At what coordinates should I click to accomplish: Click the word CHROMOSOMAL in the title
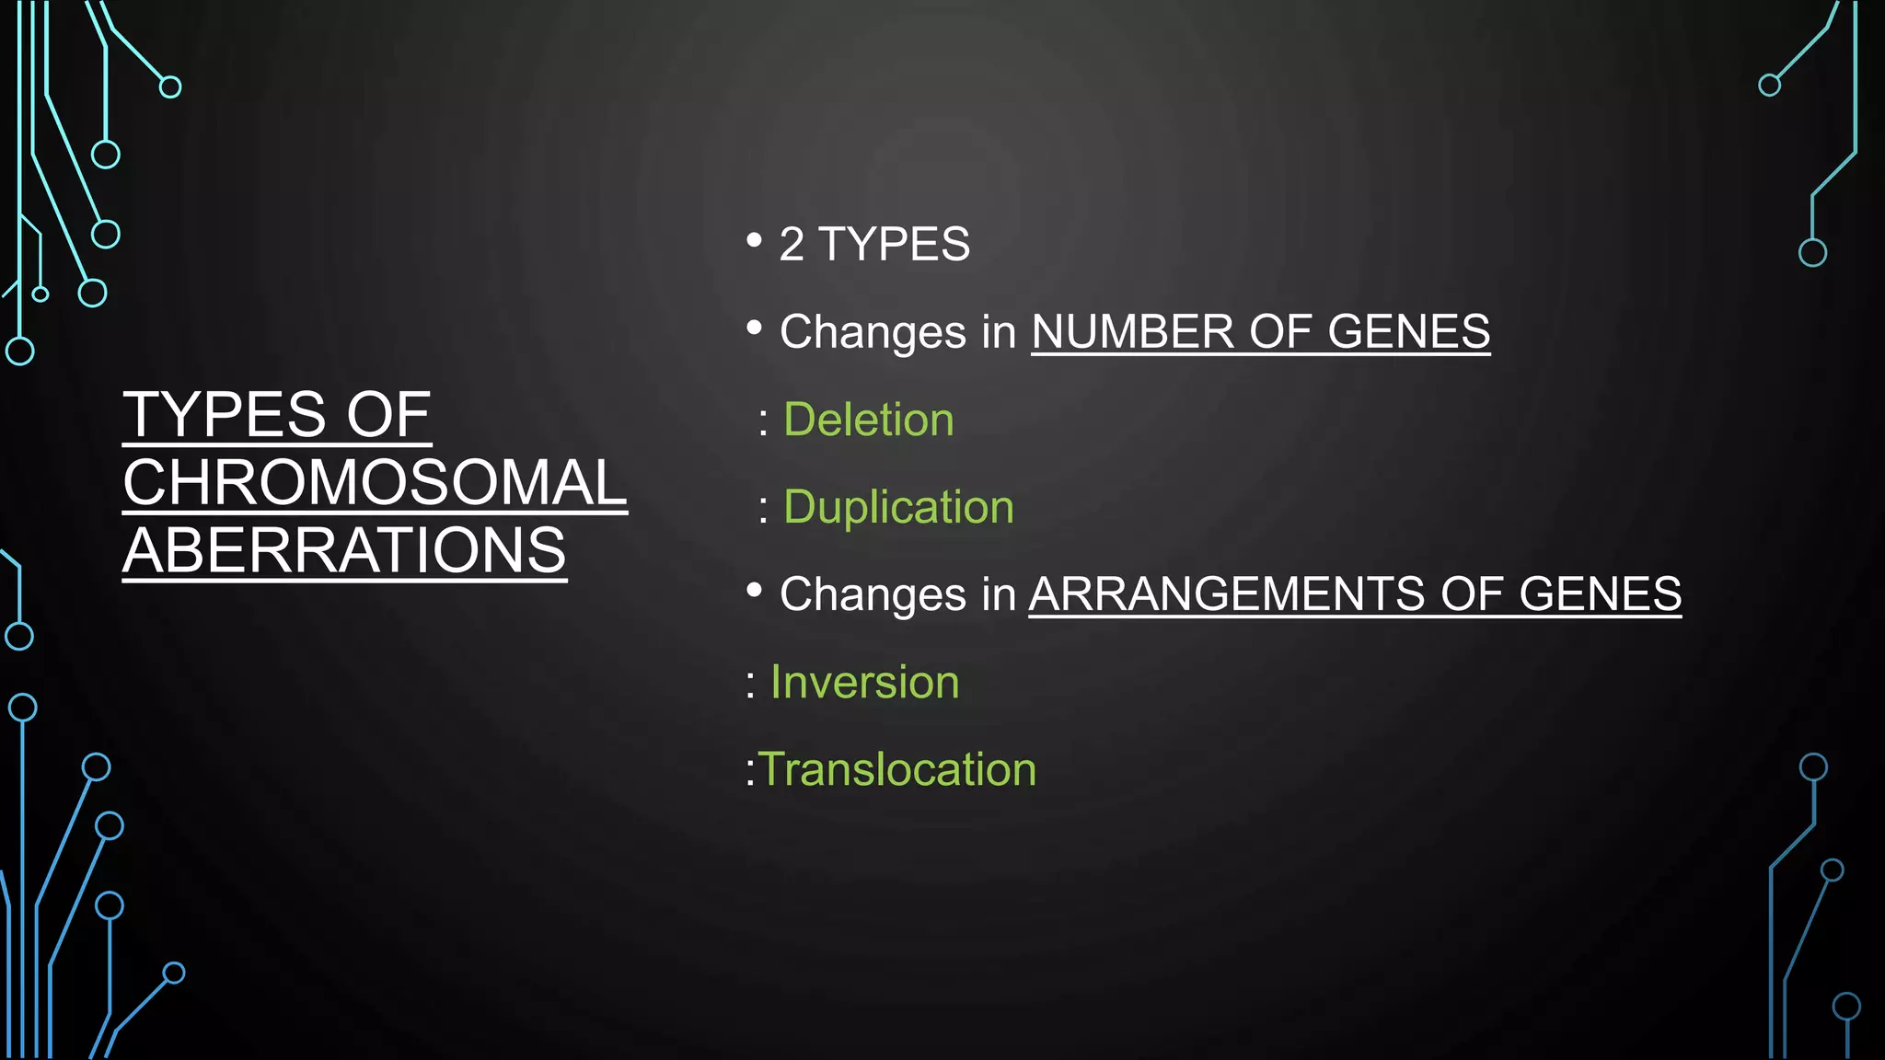pos(375,482)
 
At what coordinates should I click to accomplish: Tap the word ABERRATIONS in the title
pos(344,550)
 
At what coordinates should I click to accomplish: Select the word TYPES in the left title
pos(226,414)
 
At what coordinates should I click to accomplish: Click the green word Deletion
pos(868,420)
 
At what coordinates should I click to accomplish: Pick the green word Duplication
pos(898,507)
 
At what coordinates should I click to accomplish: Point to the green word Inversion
pos(864,682)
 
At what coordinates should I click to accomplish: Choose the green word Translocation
pos(896,769)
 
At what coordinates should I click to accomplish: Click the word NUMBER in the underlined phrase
pos(1132,331)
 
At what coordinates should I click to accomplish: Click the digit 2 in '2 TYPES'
pos(792,245)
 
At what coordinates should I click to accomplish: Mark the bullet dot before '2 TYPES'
pos(755,240)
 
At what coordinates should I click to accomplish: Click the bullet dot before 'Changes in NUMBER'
pos(755,328)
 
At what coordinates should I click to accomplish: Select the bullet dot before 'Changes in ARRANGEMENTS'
pos(755,590)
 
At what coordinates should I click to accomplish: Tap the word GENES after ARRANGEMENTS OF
pos(1600,593)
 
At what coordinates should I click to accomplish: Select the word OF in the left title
pos(387,414)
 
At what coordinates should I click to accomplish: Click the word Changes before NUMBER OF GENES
pos(873,333)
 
